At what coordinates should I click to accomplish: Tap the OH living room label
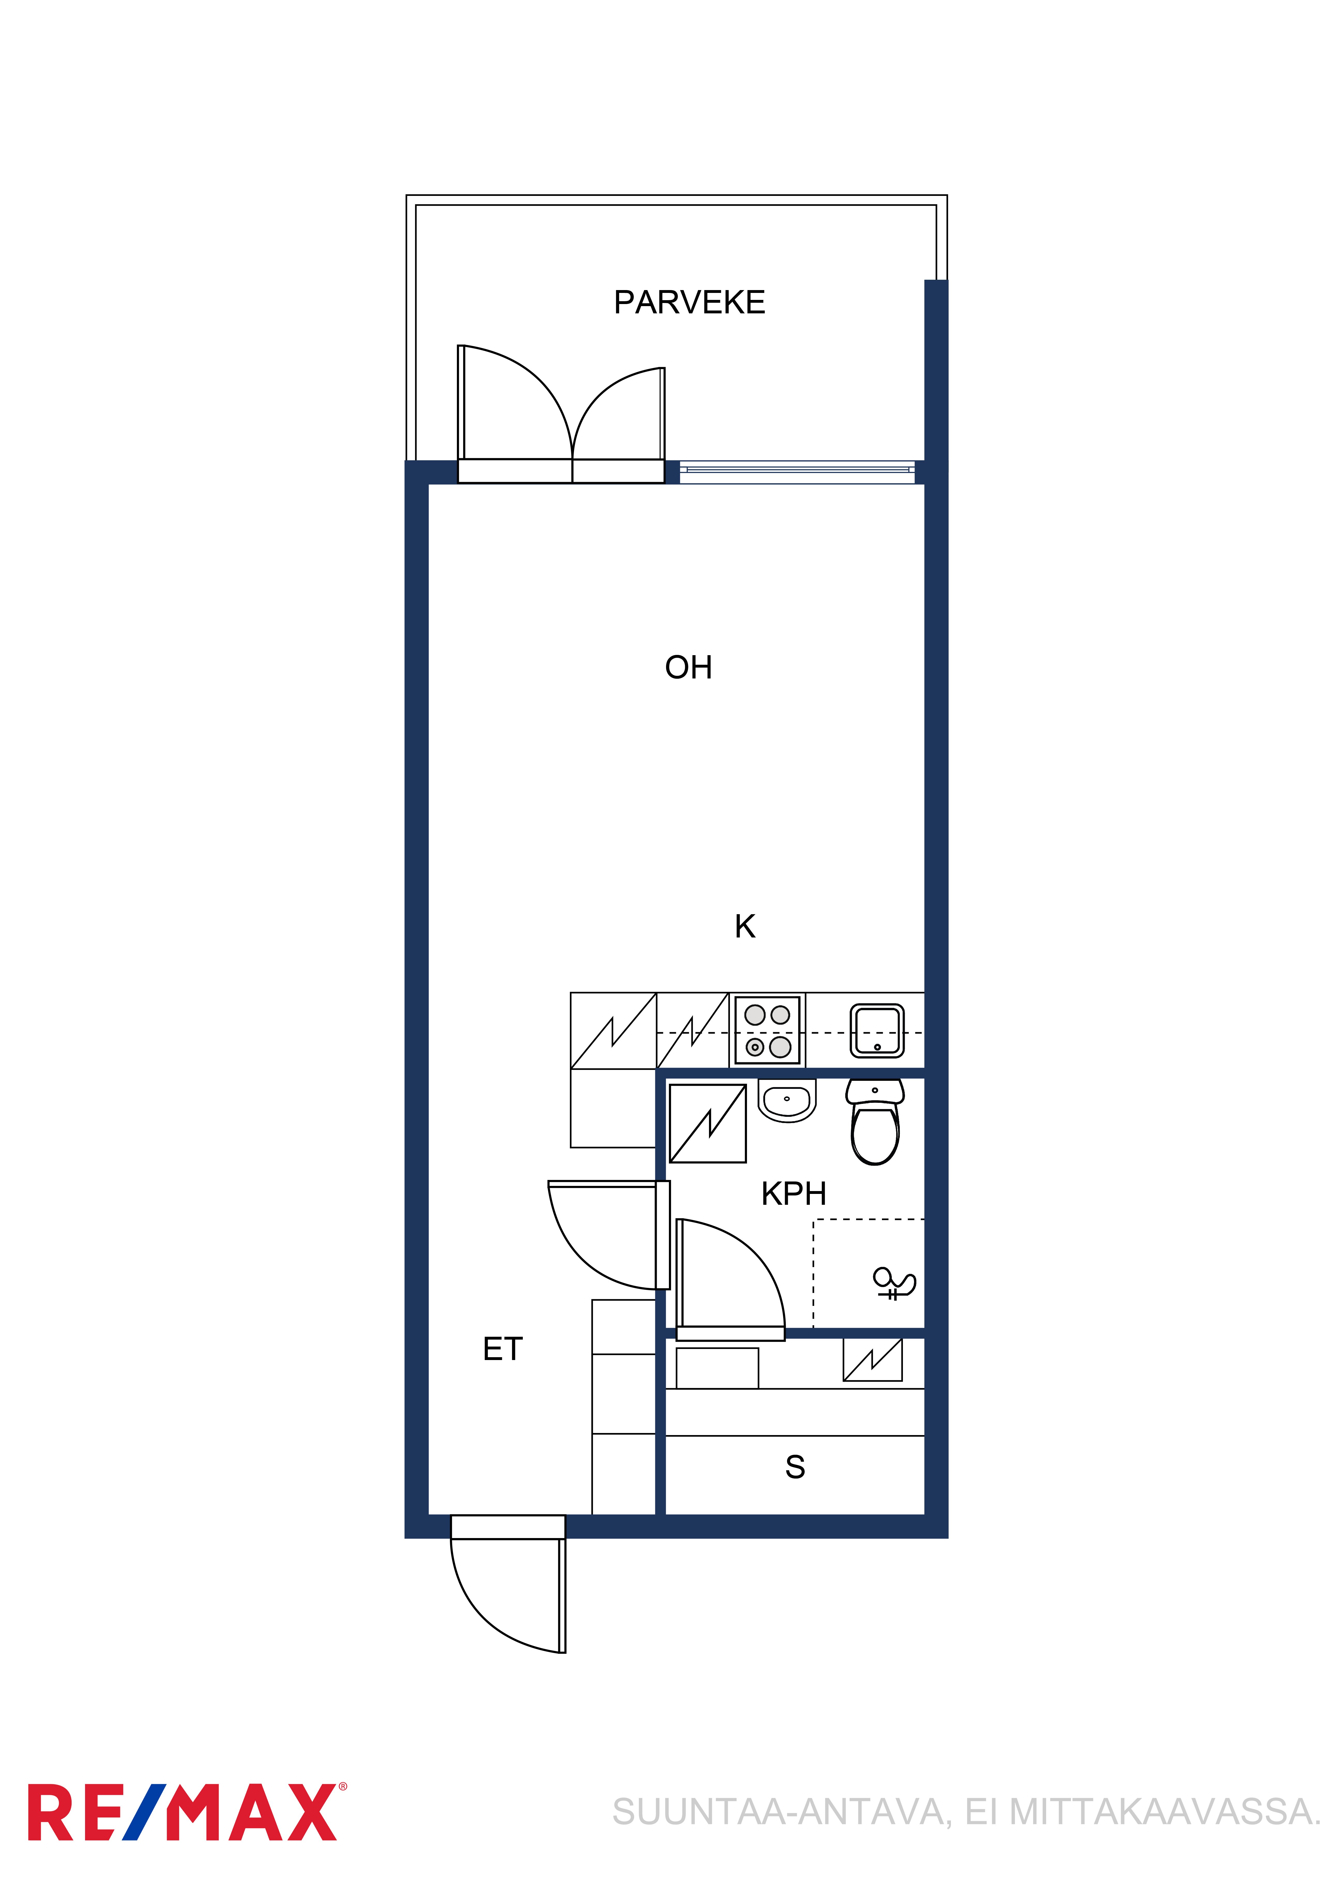[688, 667]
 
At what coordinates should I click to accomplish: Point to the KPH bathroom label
[794, 1193]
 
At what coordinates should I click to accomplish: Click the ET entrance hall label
[502, 1349]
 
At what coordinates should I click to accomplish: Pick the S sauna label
[795, 1467]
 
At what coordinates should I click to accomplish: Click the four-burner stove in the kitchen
[767, 1030]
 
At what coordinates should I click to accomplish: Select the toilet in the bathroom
[875, 1122]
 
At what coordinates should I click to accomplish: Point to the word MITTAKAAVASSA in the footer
[1162, 1813]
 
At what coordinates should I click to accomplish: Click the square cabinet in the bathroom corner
[708, 1124]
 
